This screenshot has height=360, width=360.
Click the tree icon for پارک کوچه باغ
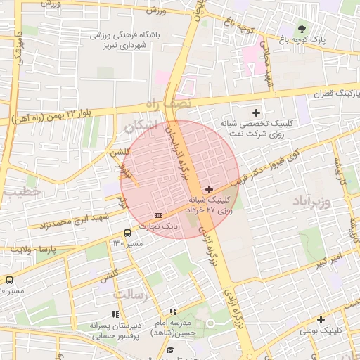[x=302, y=29]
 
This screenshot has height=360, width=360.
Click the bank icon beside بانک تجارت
[x=159, y=214]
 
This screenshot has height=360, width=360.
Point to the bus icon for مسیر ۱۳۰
[x=128, y=233]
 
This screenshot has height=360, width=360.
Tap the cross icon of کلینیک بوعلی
[x=321, y=319]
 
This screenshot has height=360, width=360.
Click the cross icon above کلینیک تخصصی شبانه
[x=256, y=112]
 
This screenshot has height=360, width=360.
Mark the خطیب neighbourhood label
[x=17, y=191]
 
